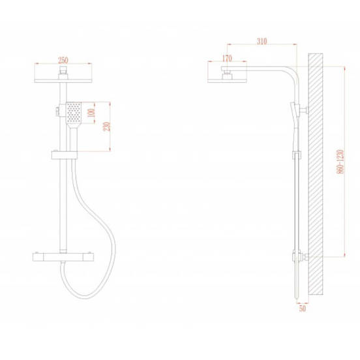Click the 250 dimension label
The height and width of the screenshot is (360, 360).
click(63, 60)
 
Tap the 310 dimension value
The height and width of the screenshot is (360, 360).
click(262, 41)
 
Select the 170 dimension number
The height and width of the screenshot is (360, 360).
click(227, 58)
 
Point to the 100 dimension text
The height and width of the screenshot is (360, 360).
click(91, 113)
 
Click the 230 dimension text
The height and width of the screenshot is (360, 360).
click(107, 127)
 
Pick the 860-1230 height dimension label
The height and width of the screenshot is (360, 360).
click(340, 162)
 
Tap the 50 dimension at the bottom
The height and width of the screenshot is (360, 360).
click(303, 308)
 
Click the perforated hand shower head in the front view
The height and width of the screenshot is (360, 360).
click(74, 113)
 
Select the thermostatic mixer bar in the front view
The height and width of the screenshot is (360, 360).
click(63, 257)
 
